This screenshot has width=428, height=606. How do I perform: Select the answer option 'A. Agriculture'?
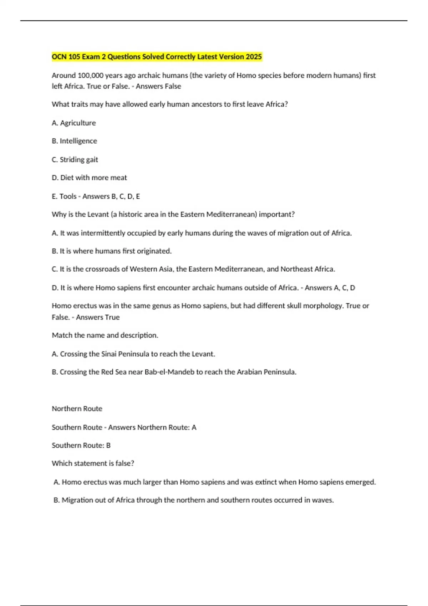click(74, 123)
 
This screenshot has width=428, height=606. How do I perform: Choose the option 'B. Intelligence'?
click(74, 141)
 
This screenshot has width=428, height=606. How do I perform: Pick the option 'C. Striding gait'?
click(75, 160)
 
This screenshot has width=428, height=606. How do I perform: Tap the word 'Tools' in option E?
click(68, 196)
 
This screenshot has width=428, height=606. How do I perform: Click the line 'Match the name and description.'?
click(105, 335)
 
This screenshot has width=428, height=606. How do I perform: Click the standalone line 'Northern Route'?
click(77, 409)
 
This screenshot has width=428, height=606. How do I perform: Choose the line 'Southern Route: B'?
click(81, 446)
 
